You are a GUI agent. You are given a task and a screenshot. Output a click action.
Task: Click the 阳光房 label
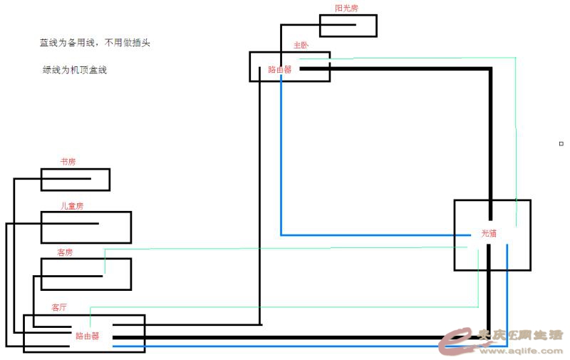pos(348,9)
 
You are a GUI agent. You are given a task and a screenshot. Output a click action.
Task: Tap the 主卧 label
pos(301,45)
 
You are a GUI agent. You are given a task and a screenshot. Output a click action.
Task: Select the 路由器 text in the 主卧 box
pos(279,70)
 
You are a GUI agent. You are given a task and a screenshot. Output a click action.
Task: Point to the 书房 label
pos(68,163)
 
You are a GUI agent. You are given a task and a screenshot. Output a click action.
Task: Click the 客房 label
pos(65,252)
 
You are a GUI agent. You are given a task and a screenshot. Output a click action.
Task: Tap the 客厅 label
pos(59,308)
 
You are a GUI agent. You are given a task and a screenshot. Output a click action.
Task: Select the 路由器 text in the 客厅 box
pos(87,336)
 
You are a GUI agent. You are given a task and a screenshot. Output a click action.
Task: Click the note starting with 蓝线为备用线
pos(94,43)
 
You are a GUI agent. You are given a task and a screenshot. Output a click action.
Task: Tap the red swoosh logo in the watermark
pos(456,341)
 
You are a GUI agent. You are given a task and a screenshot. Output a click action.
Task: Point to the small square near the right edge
pos(561,143)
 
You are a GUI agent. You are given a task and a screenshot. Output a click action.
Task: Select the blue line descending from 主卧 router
pos(281,157)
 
